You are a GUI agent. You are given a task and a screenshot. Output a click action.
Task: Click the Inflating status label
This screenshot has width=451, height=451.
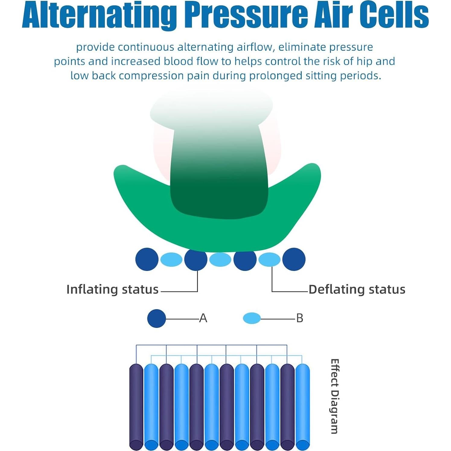click(112, 289)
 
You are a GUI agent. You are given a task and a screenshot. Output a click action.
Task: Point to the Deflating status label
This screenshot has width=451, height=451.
click(357, 289)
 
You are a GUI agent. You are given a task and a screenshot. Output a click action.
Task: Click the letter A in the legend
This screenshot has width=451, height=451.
click(203, 318)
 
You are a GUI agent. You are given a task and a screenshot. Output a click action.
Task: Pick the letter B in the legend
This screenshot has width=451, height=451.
click(300, 318)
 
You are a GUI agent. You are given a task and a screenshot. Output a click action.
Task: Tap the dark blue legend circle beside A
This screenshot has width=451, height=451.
click(157, 318)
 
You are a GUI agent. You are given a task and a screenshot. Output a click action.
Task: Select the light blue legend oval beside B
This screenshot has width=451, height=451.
click(252, 318)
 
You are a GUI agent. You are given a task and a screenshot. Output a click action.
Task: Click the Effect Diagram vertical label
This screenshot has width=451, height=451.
click(334, 396)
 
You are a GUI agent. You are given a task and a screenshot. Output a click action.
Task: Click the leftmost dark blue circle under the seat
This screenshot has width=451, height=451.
click(147, 259)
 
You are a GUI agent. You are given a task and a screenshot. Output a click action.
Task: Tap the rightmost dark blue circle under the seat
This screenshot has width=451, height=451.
click(294, 259)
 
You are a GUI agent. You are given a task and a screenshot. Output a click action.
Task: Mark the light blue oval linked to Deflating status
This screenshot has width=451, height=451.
click(269, 259)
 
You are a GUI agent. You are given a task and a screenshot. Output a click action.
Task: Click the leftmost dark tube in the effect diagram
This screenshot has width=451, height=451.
click(136, 407)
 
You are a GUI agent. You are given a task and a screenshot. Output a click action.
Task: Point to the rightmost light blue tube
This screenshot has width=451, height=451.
click(303, 407)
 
